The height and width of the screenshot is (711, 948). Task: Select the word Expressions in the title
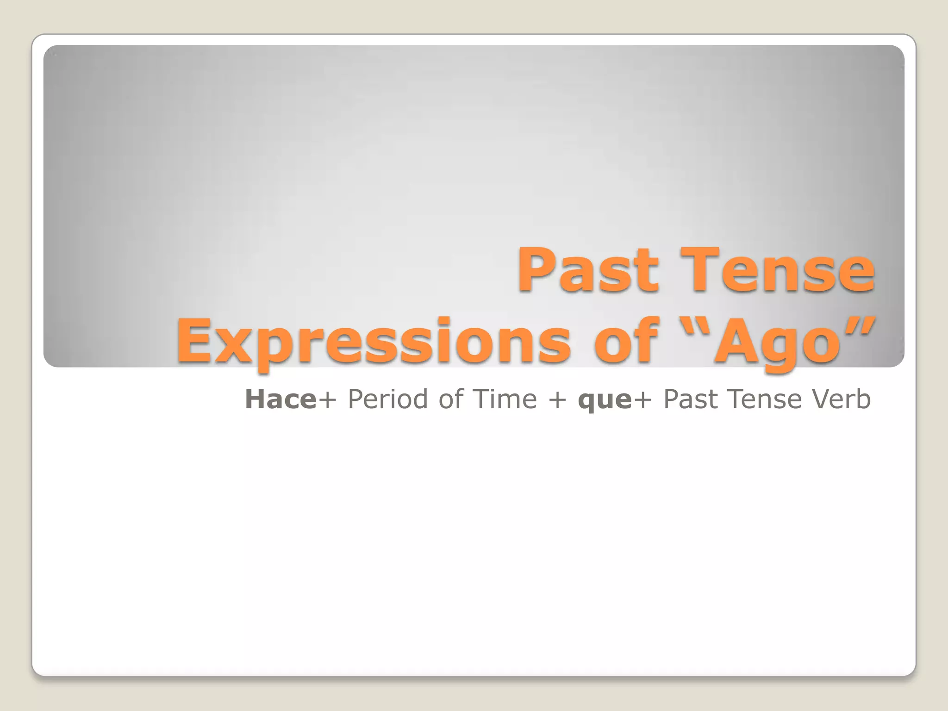[x=373, y=342]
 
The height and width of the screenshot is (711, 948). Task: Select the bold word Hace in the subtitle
[x=281, y=399]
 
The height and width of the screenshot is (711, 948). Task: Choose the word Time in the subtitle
[x=505, y=399]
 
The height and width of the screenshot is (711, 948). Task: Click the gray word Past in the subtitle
[x=692, y=399]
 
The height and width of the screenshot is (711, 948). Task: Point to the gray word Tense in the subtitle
[x=766, y=399]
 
